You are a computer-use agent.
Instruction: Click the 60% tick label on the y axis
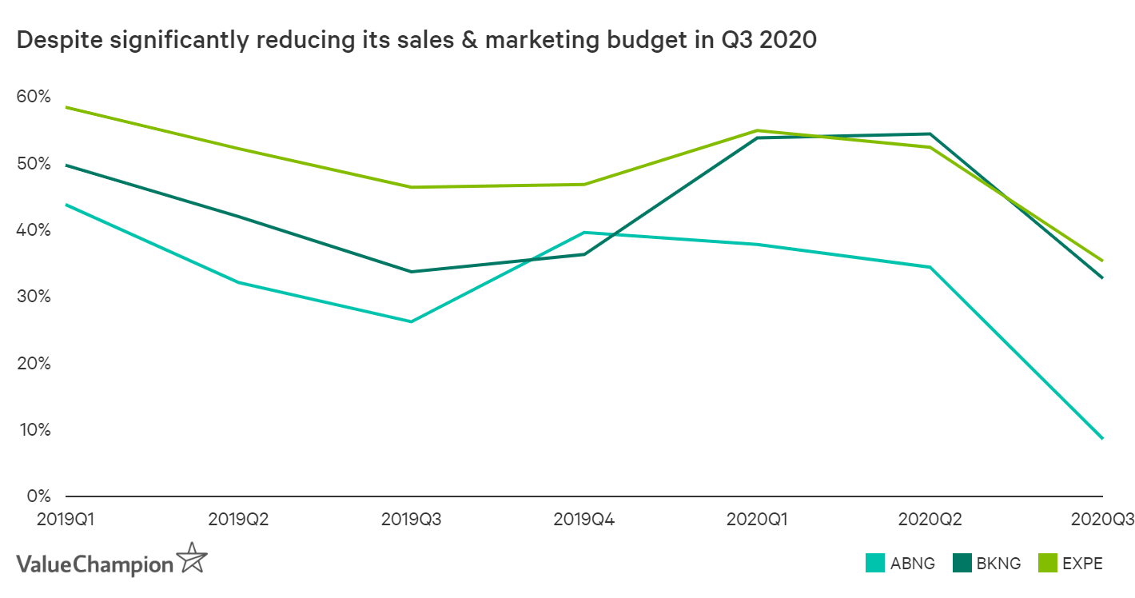coord(33,97)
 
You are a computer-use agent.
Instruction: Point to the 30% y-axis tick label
coord(33,297)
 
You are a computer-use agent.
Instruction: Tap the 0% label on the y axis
coord(37,496)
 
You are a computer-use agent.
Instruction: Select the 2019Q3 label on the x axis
coord(411,519)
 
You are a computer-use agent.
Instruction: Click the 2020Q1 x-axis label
coord(756,519)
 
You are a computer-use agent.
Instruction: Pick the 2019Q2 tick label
coord(238,519)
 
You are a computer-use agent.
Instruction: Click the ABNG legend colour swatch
coord(875,563)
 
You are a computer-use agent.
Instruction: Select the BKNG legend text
coord(999,564)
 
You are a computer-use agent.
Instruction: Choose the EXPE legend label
coord(1082,564)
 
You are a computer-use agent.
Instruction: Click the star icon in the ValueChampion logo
coord(192,558)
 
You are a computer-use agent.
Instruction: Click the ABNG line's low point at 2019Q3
coord(411,321)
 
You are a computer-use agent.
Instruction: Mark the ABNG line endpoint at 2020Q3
coord(1102,438)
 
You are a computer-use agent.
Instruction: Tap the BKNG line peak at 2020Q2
coord(930,134)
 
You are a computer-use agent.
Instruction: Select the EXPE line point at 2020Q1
coord(756,130)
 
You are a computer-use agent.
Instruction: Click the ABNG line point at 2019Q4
coord(583,233)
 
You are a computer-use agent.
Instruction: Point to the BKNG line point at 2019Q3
coord(411,272)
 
